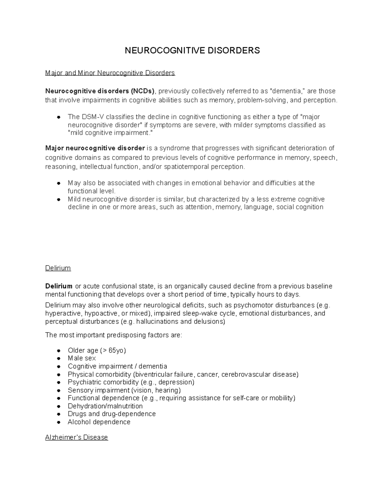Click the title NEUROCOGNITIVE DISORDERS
coord(192,51)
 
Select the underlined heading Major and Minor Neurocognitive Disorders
coord(110,73)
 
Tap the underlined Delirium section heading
coord(58,268)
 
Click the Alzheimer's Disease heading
coord(76,437)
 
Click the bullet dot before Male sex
coord(59,359)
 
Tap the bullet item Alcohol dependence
coord(99,422)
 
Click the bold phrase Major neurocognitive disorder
coord(95,148)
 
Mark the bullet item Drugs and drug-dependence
coord(112,414)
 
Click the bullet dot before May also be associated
coord(59,183)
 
